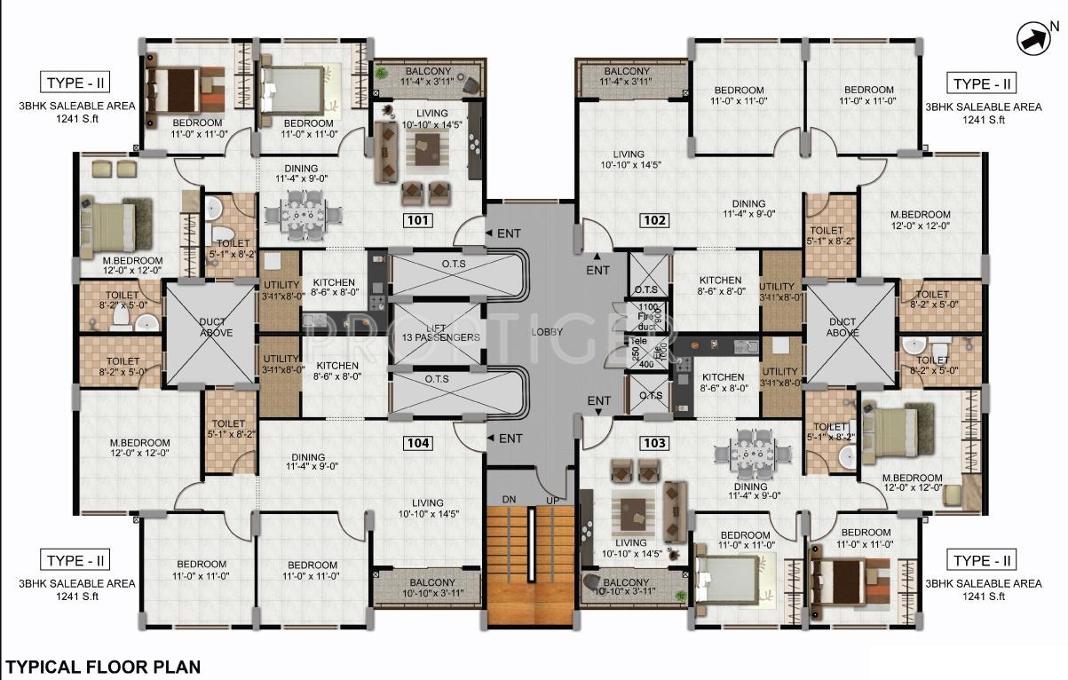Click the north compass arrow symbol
point(1033,38)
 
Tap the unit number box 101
point(418,221)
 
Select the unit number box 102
point(654,221)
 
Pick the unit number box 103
point(654,442)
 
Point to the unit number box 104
point(418,442)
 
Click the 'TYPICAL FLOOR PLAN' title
point(103,667)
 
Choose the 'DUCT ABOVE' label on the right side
point(842,328)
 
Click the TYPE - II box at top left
point(75,83)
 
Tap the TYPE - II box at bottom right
point(982,560)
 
